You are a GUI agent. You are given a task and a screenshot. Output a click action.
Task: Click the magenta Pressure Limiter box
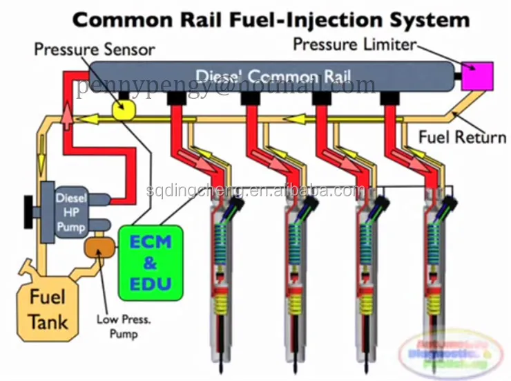click(x=476, y=75)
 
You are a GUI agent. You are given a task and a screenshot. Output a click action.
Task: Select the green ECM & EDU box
click(x=150, y=263)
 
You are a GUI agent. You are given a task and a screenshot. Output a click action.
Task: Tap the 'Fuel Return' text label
click(x=462, y=136)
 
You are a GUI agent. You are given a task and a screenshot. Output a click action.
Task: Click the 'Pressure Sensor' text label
click(x=95, y=50)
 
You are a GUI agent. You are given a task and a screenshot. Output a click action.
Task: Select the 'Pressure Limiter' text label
click(x=354, y=44)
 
